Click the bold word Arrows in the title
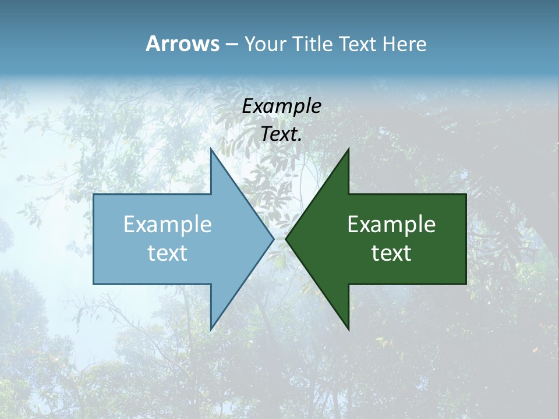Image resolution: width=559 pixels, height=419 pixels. click(182, 44)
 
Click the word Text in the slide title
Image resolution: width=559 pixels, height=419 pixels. click(359, 44)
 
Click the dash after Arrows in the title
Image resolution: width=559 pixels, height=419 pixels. click(231, 44)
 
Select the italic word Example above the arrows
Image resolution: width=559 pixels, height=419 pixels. click(281, 106)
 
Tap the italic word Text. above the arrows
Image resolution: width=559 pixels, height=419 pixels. click(281, 134)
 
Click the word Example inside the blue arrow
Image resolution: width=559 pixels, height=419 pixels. click(168, 224)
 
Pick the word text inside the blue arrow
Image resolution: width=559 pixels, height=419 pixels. click(168, 253)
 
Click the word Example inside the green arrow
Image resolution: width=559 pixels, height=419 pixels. click(391, 224)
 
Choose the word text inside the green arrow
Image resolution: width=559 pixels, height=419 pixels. click(391, 253)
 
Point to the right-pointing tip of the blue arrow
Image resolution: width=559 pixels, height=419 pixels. click(273, 239)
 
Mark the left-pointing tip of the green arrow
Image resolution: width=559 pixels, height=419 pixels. click(286, 239)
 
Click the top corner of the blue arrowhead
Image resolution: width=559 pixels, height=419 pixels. click(211, 148)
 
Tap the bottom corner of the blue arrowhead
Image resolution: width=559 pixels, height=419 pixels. click(211, 329)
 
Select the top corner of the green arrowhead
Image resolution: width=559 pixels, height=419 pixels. click(348, 148)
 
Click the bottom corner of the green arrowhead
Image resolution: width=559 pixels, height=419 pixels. click(348, 329)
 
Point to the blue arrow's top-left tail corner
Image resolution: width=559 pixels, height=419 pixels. click(94, 194)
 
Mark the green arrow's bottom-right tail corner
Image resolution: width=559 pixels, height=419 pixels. click(466, 284)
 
